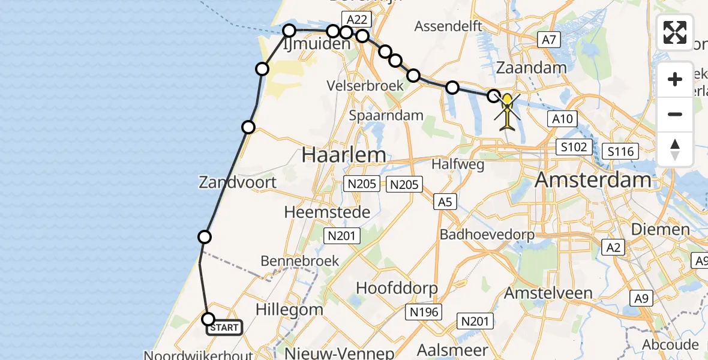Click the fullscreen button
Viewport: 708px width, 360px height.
point(675,32)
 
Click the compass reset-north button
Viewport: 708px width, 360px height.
point(675,149)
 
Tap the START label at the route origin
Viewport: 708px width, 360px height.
point(224,328)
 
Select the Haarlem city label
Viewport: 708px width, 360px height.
point(344,155)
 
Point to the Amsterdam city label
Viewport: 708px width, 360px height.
point(593,179)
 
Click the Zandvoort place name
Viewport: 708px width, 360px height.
point(238,182)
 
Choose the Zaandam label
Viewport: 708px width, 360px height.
point(532,68)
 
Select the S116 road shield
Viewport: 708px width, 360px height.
point(620,151)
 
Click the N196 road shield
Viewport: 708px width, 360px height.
point(425,311)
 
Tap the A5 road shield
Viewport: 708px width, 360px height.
point(445,202)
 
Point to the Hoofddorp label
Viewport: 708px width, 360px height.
point(397,287)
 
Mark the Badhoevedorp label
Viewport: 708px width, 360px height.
point(487,234)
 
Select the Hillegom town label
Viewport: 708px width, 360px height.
point(289,310)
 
